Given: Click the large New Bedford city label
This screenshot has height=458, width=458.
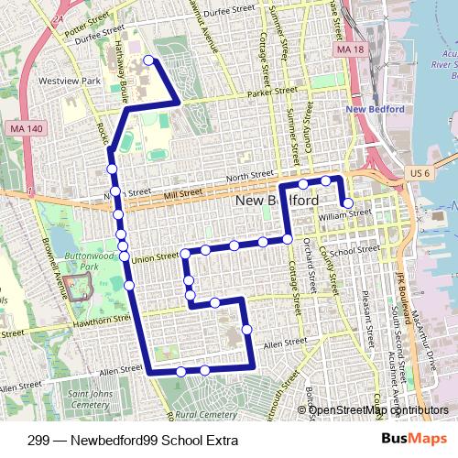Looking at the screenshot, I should point(278,201).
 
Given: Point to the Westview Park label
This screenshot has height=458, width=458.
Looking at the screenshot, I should point(70,82).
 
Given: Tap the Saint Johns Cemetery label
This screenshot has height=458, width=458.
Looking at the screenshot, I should point(89,398).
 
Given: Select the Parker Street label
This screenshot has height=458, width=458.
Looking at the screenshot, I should point(272,93).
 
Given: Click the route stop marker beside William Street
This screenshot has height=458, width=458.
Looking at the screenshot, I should point(347,202).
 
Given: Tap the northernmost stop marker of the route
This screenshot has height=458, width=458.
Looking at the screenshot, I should point(148,61).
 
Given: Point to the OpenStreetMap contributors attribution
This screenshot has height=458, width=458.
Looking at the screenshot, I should point(378,410).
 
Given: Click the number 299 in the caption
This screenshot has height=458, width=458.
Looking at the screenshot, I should point(38,441).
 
